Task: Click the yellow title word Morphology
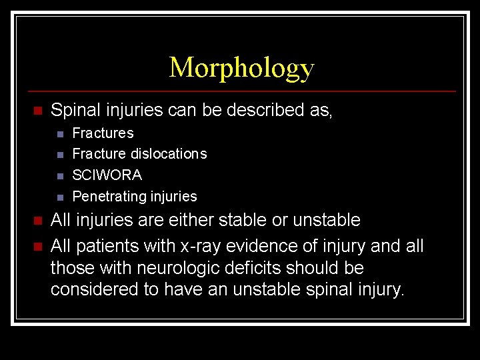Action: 241,68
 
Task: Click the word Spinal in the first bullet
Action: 73,110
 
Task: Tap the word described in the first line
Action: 265,110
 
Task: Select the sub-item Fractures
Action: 103,133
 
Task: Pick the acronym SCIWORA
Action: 107,175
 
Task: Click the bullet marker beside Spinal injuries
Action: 37,111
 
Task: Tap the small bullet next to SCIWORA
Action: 59,176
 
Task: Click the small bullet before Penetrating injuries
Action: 59,197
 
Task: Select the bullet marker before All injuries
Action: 37,221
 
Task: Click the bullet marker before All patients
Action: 37,247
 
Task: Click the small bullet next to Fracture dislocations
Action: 59,155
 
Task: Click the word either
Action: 203,220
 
